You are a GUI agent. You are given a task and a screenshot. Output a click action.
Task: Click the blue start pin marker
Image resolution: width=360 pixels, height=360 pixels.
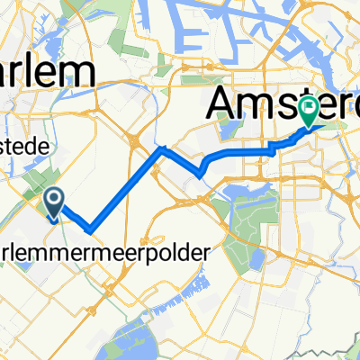pos(53,203)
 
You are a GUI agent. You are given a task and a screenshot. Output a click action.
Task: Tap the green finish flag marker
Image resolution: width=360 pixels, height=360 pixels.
pos(308,112)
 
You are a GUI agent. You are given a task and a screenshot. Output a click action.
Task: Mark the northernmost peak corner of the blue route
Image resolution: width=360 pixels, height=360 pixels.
pos(161,149)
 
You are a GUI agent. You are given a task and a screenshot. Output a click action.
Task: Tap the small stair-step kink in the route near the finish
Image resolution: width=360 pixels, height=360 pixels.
pos(270,149)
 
